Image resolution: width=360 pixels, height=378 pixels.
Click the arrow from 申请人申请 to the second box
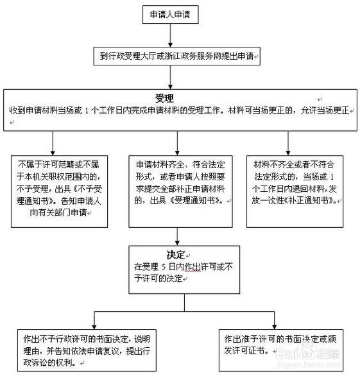(x=169, y=35)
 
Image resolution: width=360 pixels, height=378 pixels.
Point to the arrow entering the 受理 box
(x=169, y=78)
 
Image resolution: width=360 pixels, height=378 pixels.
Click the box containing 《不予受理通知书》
(x=52, y=191)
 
